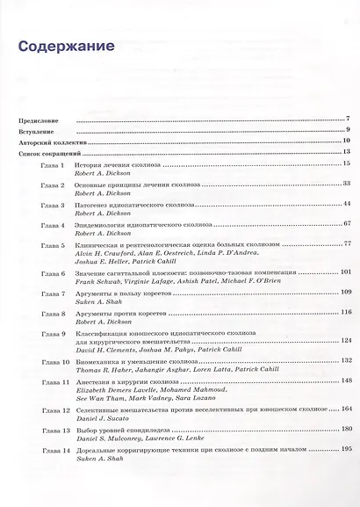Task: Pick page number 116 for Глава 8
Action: tap(345, 312)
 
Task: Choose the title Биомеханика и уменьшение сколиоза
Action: tap(130, 361)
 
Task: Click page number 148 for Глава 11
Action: tap(345, 380)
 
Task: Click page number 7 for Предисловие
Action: tap(348, 118)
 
